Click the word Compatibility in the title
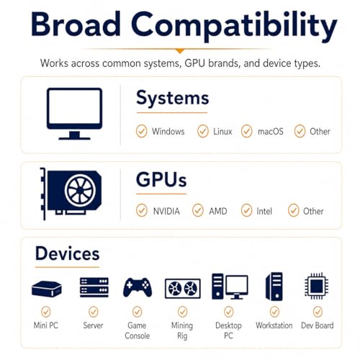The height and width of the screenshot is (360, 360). point(234,27)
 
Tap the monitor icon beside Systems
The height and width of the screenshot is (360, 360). point(74,114)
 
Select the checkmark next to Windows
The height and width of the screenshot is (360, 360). point(141,131)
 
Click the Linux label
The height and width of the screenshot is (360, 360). point(222,132)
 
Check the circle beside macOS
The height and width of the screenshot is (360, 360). point(246,131)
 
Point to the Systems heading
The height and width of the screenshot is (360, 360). point(173,99)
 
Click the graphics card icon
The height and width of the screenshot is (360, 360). point(71,194)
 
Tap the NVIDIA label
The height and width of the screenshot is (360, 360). point(166,211)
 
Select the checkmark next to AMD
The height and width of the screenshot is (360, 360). point(198,210)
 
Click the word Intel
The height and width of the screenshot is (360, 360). point(264,211)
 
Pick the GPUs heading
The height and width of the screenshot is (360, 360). point(161,179)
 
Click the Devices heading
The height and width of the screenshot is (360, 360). point(67,253)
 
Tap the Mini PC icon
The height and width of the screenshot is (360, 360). point(47,289)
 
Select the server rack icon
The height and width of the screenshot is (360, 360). point(94,287)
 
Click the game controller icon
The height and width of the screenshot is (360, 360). point(138,287)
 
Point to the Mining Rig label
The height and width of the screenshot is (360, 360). point(182,330)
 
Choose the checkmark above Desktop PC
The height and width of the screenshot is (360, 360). point(228,312)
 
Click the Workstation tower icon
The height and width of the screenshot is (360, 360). point(274,287)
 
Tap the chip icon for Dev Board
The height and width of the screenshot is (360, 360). point(317,286)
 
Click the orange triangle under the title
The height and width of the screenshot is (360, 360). point(180,51)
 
